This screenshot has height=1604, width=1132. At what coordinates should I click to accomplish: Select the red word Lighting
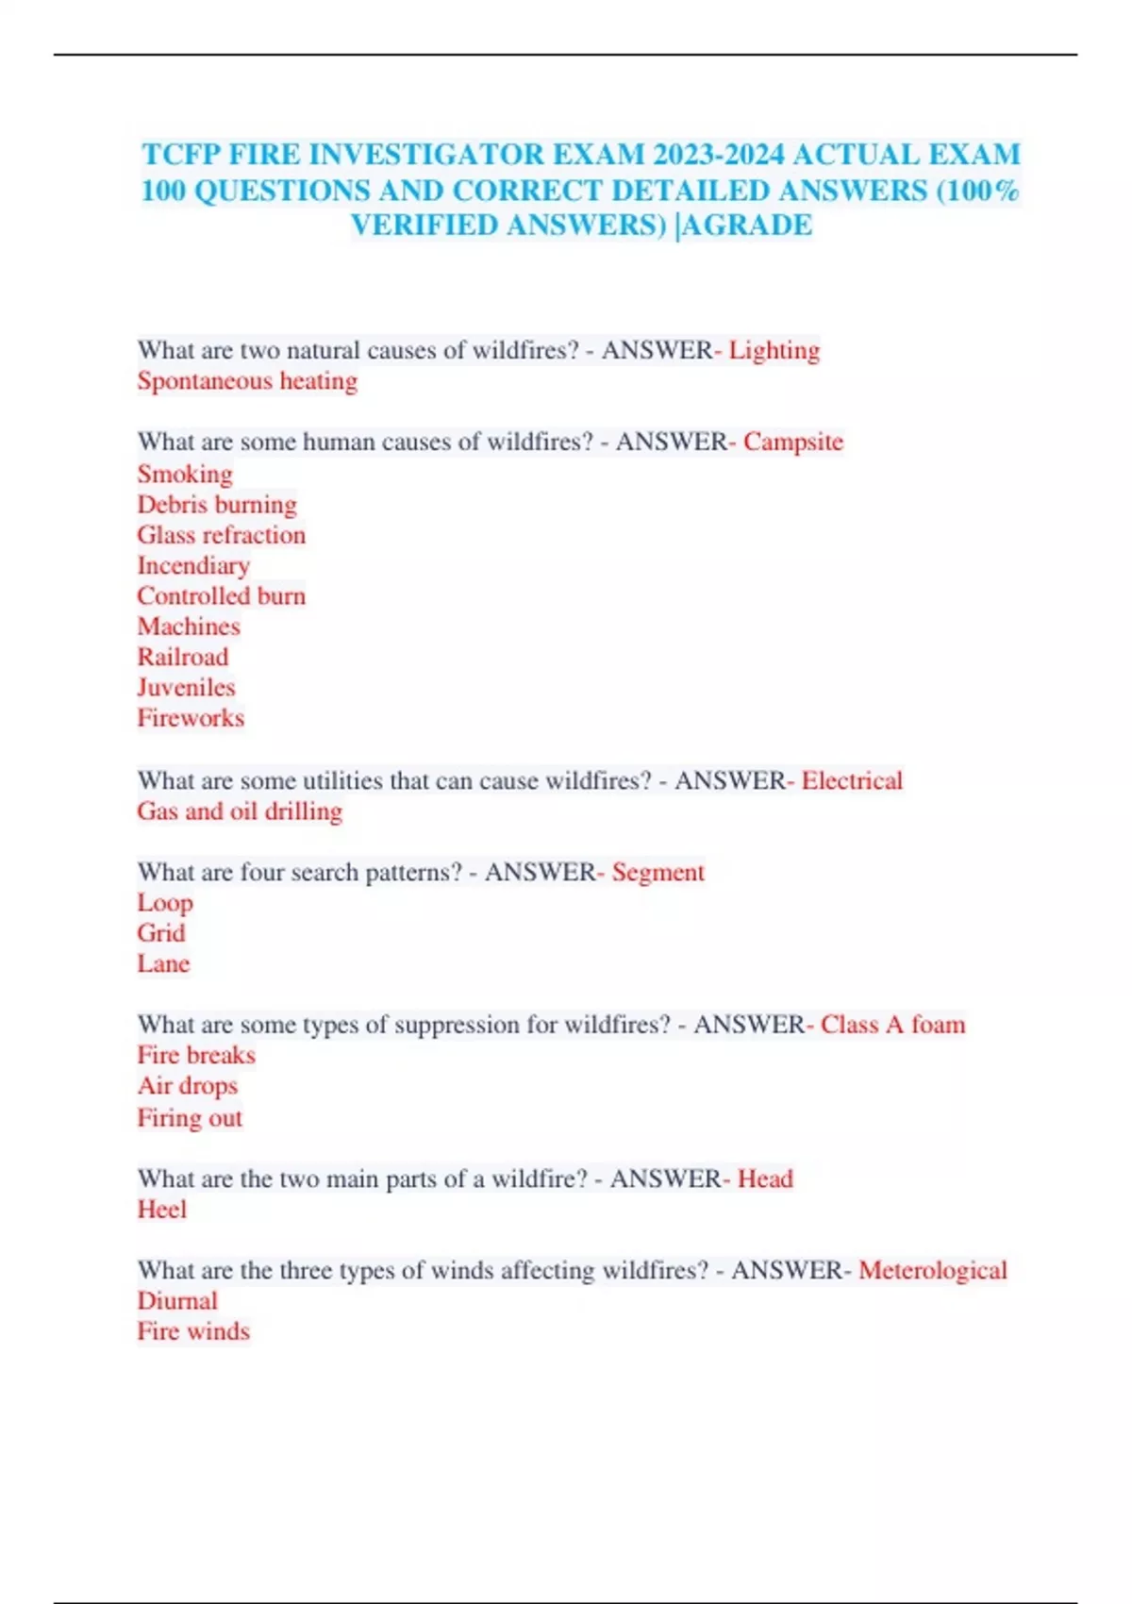pyautogui.click(x=774, y=350)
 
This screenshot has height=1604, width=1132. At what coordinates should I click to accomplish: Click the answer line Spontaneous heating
pyautogui.click(x=247, y=381)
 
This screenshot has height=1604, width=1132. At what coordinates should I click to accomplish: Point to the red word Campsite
pyautogui.click(x=792, y=442)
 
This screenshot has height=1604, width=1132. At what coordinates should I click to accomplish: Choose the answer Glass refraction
pyautogui.click(x=222, y=535)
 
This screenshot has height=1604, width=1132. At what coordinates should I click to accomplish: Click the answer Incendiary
pyautogui.click(x=193, y=565)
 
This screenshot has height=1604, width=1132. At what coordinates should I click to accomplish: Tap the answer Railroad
pyautogui.click(x=183, y=657)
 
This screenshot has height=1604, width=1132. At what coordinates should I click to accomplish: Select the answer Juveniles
pyautogui.click(x=186, y=687)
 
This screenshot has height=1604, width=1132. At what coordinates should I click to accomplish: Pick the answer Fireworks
pyautogui.click(x=191, y=718)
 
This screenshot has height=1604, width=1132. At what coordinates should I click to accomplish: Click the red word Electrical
pyautogui.click(x=852, y=780)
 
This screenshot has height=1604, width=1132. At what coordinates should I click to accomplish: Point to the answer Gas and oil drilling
pyautogui.click(x=240, y=811)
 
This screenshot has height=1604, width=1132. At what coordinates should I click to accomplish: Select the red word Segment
pyautogui.click(x=658, y=872)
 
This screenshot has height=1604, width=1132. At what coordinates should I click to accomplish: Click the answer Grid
pyautogui.click(x=161, y=933)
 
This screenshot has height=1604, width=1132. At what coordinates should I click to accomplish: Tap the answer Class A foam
pyautogui.click(x=892, y=1025)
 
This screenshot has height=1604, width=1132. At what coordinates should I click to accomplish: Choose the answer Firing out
pyautogui.click(x=190, y=1118)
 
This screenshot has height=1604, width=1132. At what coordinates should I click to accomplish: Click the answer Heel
pyautogui.click(x=162, y=1210)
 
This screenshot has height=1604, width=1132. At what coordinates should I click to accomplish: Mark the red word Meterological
pyautogui.click(x=932, y=1270)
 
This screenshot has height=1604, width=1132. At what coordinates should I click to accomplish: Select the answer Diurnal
pyautogui.click(x=177, y=1301)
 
